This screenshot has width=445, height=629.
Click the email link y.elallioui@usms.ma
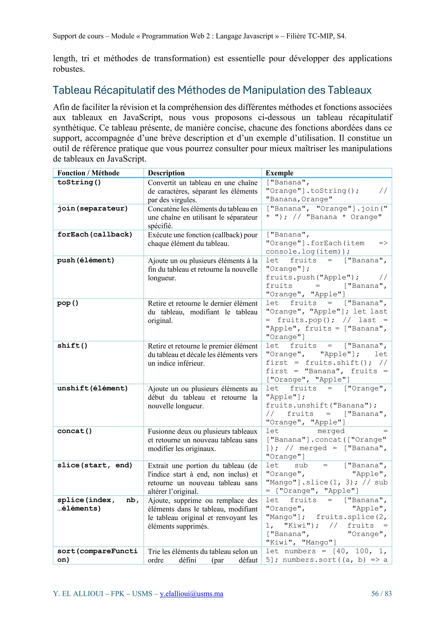(x=191, y=594)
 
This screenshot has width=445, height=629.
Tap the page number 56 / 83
(x=381, y=594)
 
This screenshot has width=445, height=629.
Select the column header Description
(x=166, y=173)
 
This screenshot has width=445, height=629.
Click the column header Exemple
(x=279, y=173)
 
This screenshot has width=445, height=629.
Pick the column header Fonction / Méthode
(x=88, y=173)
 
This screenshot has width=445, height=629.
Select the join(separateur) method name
(x=92, y=208)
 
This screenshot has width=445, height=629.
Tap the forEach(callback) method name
(x=95, y=234)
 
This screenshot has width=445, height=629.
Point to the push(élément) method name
(x=86, y=260)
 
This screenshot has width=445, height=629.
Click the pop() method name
(x=68, y=303)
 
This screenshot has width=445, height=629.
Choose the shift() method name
(x=72, y=346)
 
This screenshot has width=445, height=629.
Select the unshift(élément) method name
(x=92, y=388)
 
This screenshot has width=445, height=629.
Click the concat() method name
(x=75, y=431)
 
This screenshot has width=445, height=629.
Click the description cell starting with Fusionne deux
(x=202, y=440)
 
